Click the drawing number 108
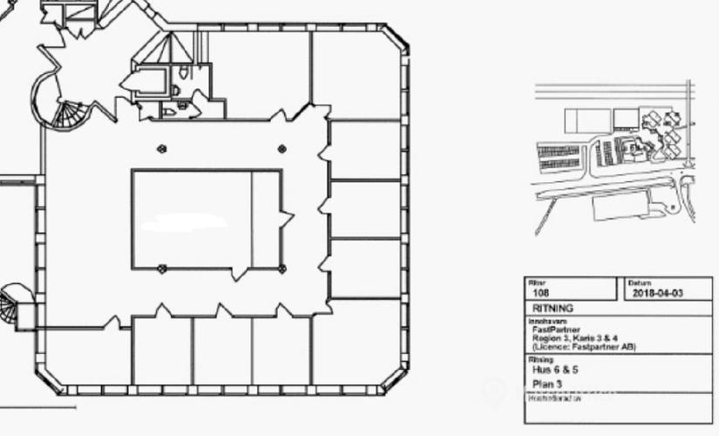pyautogui.click(x=540, y=294)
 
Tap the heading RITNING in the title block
pyautogui.click(x=553, y=309)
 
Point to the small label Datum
pyautogui.click(x=637, y=283)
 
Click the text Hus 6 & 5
pyautogui.click(x=554, y=370)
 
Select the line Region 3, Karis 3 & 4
pyautogui.click(x=580, y=338)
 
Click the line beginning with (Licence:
pyautogui.click(x=584, y=347)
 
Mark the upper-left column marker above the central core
pyautogui.click(x=161, y=149)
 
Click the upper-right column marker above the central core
pyautogui.click(x=281, y=149)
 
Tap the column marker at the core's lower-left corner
pyautogui.click(x=161, y=267)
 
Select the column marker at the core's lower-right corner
pyautogui.click(x=281, y=267)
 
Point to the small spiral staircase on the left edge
pyautogui.click(x=12, y=305)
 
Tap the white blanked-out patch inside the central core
pyautogui.click(x=183, y=222)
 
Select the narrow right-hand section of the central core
pyautogui.click(x=267, y=220)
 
